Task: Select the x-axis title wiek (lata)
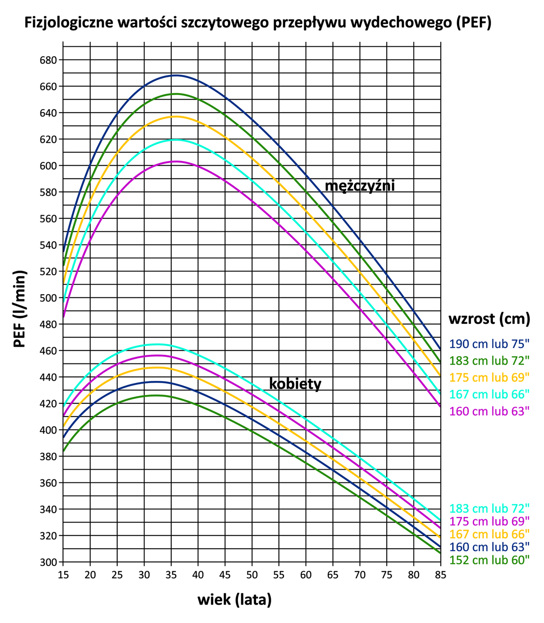(234, 600)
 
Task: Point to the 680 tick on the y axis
(48, 60)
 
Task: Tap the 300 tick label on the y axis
(48, 562)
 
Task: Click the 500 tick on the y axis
(48, 298)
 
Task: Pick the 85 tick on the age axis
(440, 575)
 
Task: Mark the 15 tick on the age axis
(63, 575)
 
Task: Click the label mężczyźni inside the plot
(360, 186)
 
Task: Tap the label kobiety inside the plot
(295, 384)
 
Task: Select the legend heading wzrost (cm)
(489, 319)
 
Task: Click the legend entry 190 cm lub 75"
(489, 344)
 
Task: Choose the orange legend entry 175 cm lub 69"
(489, 377)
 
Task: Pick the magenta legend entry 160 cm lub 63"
(489, 411)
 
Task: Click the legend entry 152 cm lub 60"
(489, 560)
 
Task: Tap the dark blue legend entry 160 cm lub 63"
(489, 547)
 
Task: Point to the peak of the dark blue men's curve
(176, 75)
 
